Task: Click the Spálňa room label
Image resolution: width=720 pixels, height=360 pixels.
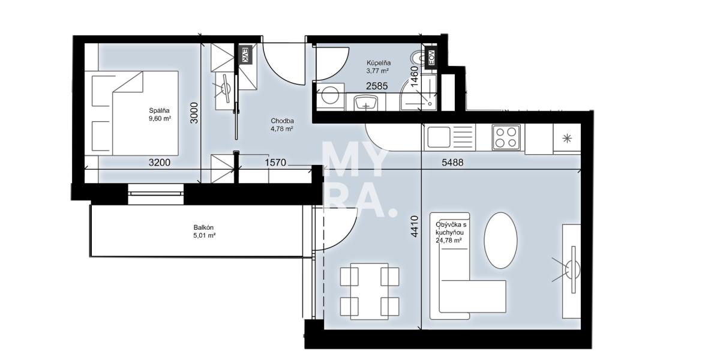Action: click(x=160, y=111)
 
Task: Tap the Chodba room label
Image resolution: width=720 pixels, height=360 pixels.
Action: click(x=282, y=121)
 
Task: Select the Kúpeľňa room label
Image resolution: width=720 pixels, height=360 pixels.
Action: click(x=379, y=63)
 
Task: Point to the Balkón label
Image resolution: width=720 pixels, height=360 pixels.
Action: click(x=203, y=227)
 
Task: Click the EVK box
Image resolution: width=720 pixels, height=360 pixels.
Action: click(x=245, y=55)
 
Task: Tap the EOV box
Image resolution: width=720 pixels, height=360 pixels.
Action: click(x=431, y=58)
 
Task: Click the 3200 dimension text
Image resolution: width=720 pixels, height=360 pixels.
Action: click(x=160, y=163)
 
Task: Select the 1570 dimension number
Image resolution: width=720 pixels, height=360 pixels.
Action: click(x=275, y=163)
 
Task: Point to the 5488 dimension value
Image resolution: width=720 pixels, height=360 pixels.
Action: click(x=452, y=163)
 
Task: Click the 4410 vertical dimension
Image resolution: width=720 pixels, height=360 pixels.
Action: click(x=415, y=226)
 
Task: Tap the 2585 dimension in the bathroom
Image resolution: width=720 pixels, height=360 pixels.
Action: click(x=377, y=86)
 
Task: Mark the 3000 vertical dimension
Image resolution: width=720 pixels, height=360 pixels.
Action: click(x=194, y=113)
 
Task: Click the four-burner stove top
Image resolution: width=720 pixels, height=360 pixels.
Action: click(x=506, y=137)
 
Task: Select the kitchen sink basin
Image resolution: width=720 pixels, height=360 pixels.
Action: click(x=438, y=137)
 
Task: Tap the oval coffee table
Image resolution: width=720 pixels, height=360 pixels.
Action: click(x=500, y=240)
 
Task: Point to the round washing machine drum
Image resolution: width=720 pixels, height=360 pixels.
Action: click(x=330, y=96)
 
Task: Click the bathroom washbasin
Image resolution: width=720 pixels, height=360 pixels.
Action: click(x=366, y=103)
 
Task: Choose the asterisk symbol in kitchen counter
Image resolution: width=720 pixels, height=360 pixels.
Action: click(x=567, y=139)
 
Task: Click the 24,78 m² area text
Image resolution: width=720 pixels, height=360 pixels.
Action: click(x=449, y=241)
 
